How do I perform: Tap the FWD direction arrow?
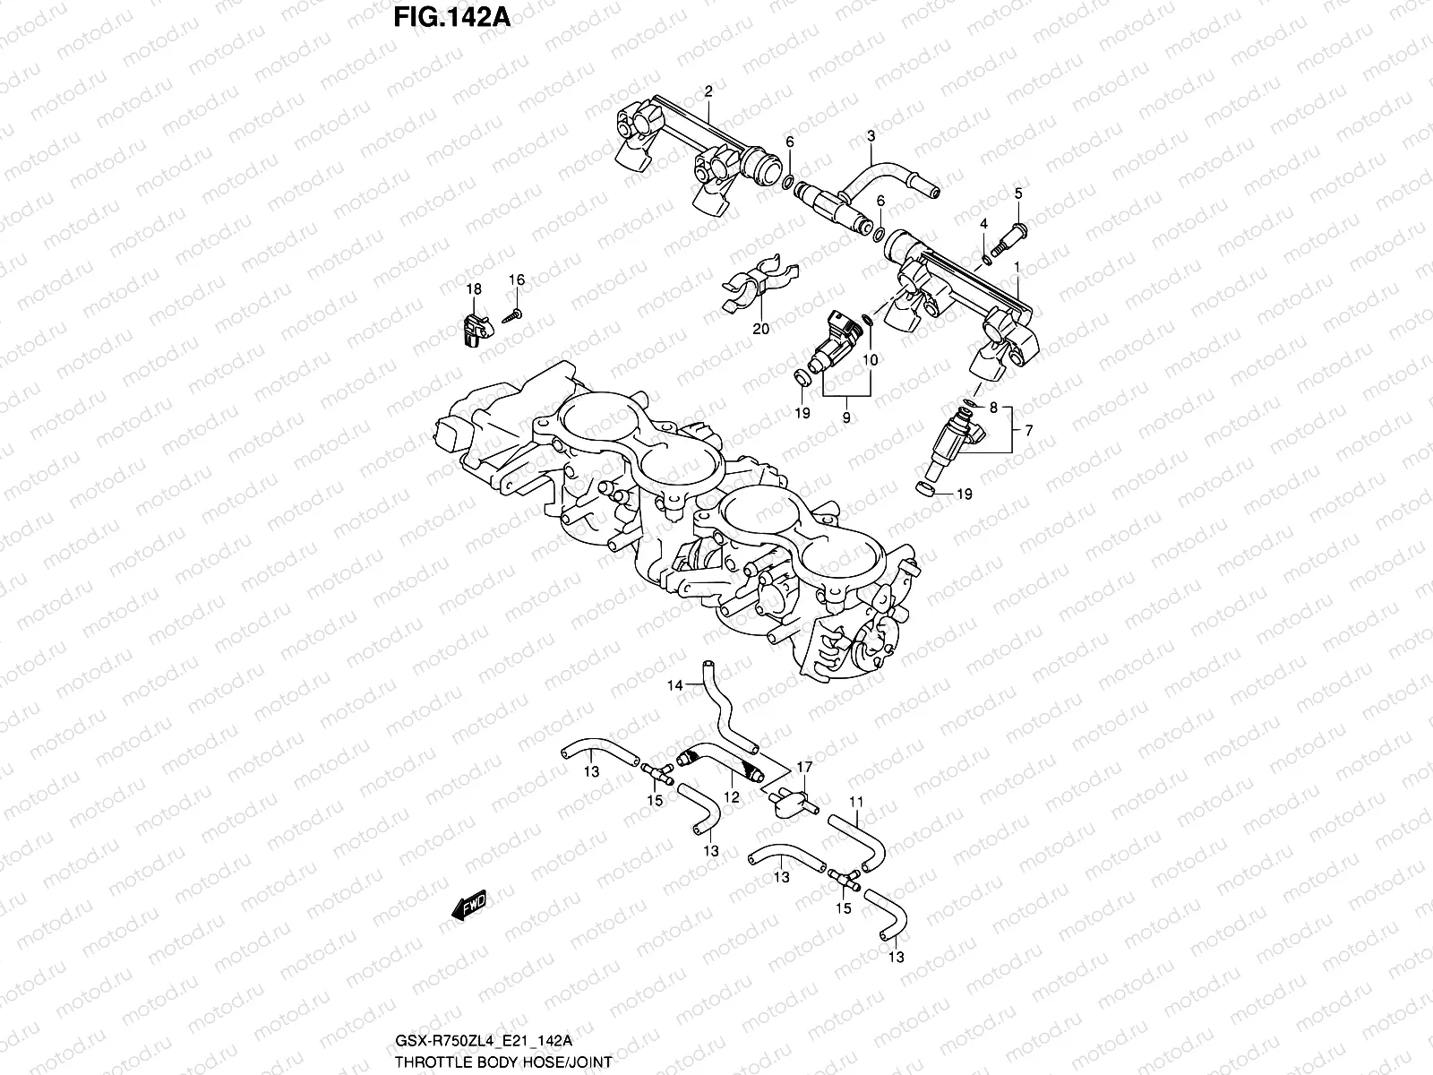coord(468,907)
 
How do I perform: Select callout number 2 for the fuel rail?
coord(708,91)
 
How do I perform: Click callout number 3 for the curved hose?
coord(870,136)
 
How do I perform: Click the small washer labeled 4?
coord(987,259)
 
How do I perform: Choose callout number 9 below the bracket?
coord(846,417)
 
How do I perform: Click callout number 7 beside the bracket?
coord(1028,431)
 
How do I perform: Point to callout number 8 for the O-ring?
coord(992,408)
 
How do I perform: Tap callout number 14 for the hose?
coord(674,685)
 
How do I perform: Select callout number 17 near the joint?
coord(804,767)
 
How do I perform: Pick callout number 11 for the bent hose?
coord(856,801)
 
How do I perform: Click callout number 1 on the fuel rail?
coord(1017,267)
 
